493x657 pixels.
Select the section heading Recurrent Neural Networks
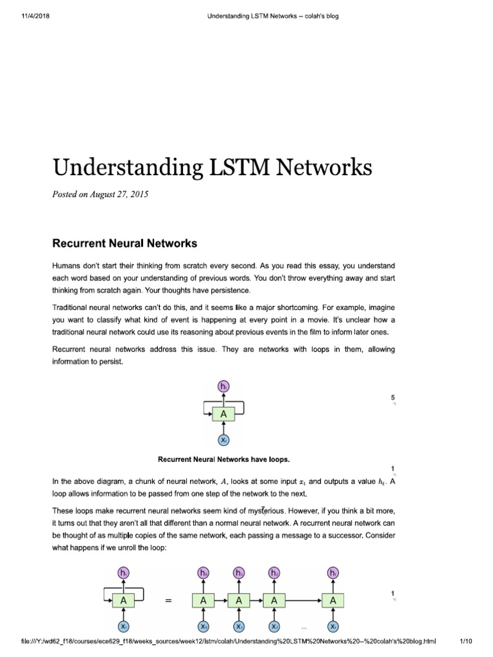tap(124, 243)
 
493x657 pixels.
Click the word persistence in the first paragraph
tap(182, 291)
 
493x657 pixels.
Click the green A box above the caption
tap(223, 414)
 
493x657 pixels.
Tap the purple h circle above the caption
tap(223, 386)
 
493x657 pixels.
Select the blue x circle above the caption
tap(223, 441)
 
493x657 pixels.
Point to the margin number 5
tap(393, 398)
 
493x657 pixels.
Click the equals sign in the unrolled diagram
tap(169, 601)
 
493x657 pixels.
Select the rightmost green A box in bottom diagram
tap(333, 601)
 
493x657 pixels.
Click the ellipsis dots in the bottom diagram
tap(304, 627)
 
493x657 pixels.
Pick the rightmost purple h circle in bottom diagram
tap(333, 572)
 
